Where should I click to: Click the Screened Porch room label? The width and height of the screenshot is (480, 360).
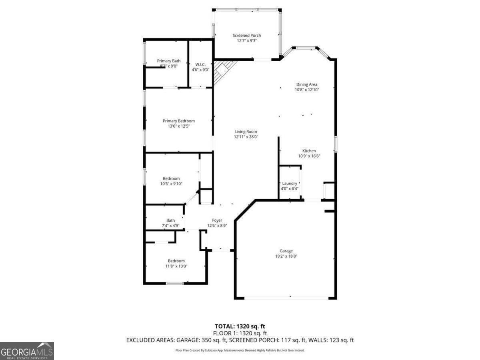247,36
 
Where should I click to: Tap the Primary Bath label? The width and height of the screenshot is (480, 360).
168,61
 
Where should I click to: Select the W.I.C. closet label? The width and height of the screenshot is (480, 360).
200,64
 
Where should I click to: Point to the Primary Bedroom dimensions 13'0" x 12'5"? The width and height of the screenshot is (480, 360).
178,126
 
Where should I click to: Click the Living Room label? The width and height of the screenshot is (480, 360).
246,132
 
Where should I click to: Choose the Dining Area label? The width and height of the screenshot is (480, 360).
307,84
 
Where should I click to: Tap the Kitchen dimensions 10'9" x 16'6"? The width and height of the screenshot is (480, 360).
309,156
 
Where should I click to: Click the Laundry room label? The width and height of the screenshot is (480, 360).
290,184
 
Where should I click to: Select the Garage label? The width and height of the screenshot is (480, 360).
286,251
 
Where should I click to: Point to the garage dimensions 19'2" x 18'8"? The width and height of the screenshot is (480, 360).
286,256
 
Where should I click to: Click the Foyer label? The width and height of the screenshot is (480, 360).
217,220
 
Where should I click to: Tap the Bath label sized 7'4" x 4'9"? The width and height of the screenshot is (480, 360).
171,220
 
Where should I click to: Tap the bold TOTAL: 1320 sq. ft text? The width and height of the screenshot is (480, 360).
240,326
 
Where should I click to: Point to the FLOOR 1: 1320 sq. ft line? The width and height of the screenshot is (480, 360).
240,333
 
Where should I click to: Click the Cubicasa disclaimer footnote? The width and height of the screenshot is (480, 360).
240,350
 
